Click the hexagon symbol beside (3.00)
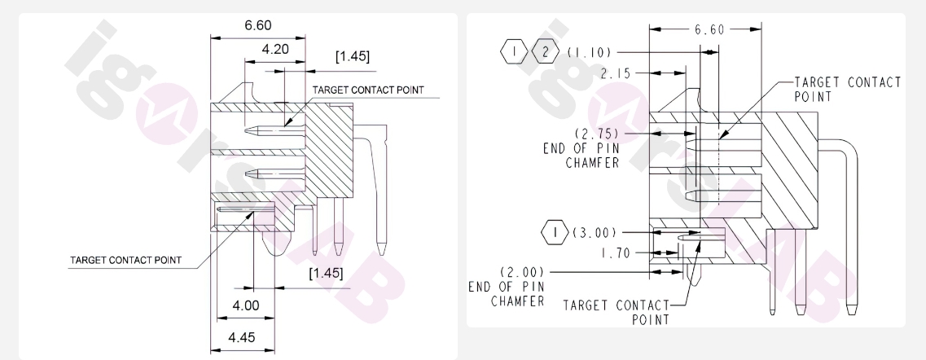pos(554,232)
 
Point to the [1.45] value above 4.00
pos(325,272)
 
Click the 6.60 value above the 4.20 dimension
pos(257,25)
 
